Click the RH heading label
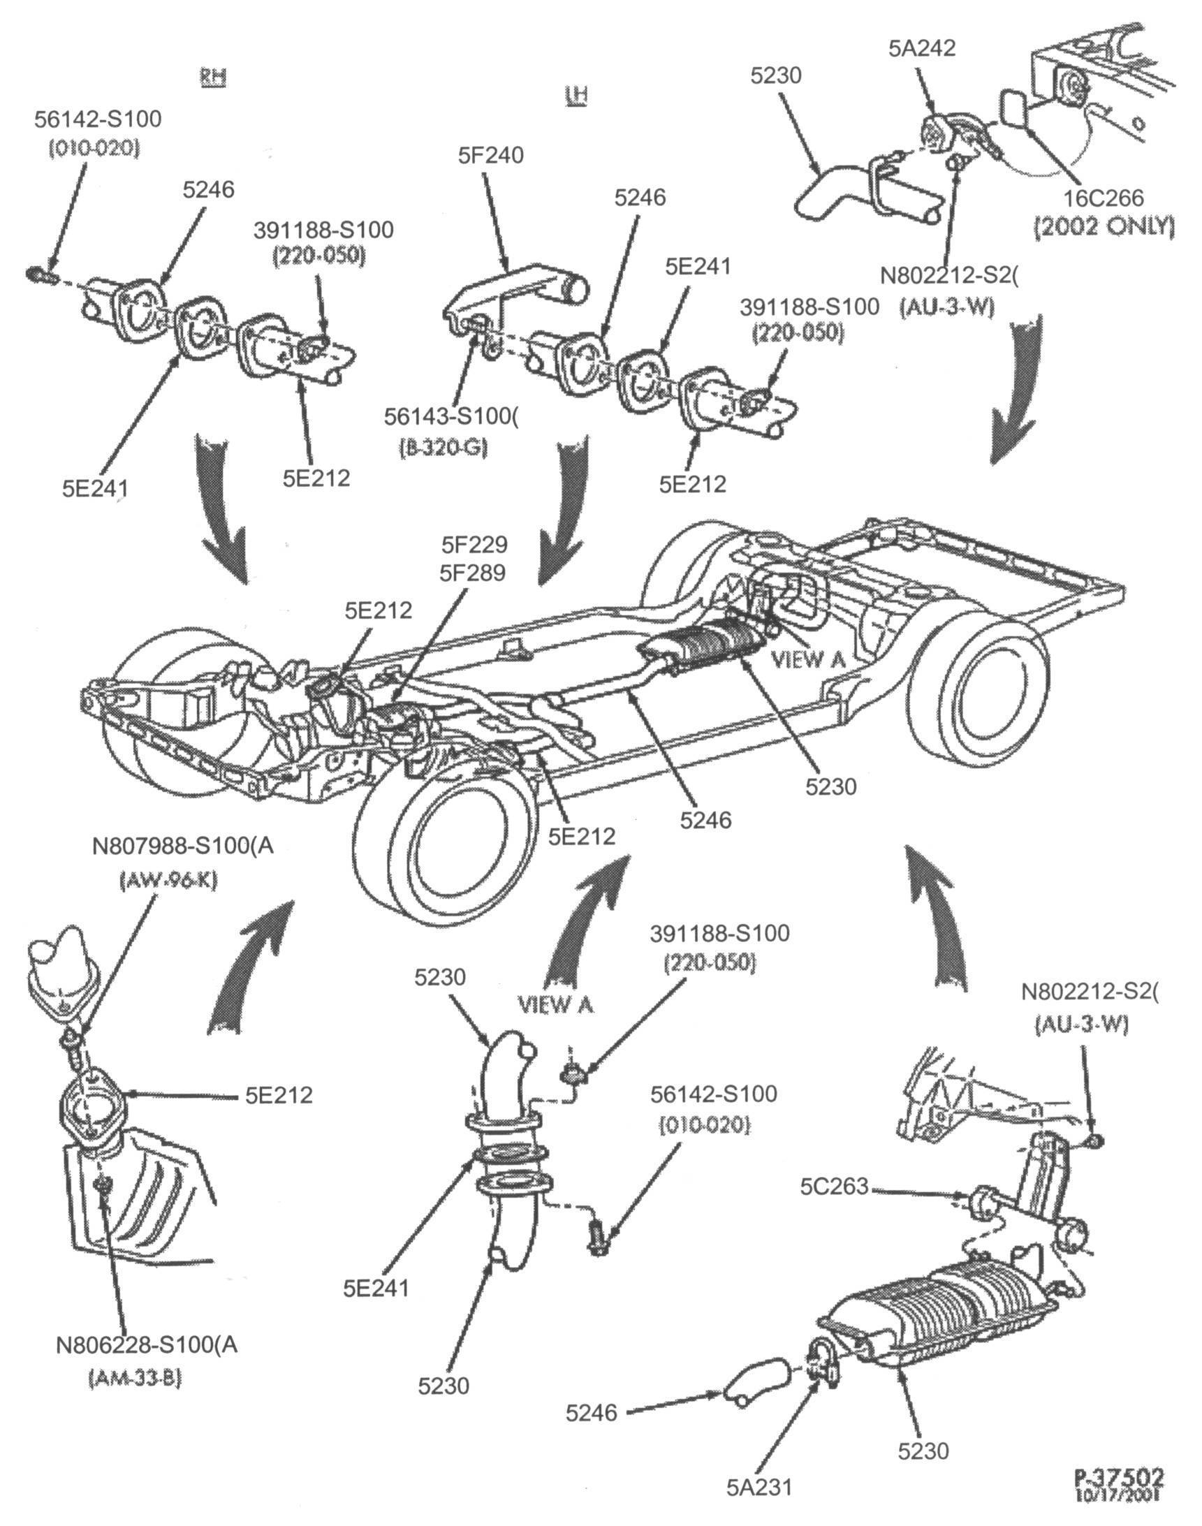click(x=212, y=77)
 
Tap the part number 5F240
click(x=490, y=155)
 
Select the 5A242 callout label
click(x=922, y=48)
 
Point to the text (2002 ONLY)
click(x=1104, y=226)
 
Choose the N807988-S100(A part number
click(x=183, y=846)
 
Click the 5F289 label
click(x=473, y=573)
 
